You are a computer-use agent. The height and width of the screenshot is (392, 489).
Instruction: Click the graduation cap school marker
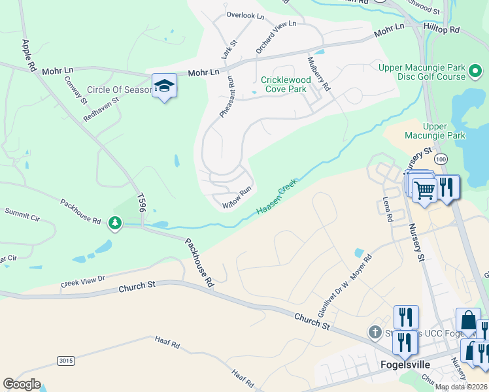tap(164, 86)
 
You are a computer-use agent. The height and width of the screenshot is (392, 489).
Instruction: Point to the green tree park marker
tap(115, 223)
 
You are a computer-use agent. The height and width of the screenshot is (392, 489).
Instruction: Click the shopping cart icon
tap(424, 190)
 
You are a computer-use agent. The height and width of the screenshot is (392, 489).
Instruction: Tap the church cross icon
tap(375, 333)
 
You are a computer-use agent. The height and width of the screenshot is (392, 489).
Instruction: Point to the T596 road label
tap(141, 203)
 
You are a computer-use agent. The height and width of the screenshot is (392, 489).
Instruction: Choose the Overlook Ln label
tap(244, 15)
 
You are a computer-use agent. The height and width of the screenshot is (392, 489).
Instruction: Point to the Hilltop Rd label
tap(442, 30)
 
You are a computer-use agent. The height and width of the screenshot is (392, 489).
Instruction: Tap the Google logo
tap(22, 384)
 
